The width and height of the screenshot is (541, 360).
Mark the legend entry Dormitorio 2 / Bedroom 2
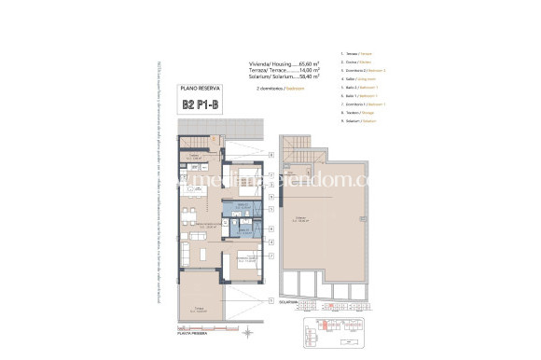(x=365, y=79)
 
